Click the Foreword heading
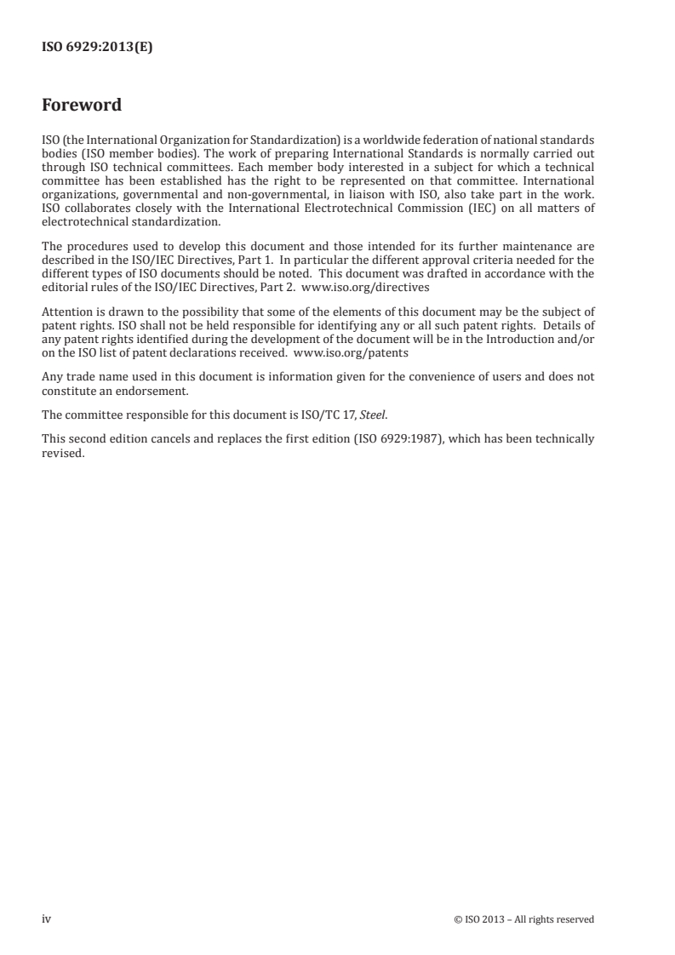pos(82,106)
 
